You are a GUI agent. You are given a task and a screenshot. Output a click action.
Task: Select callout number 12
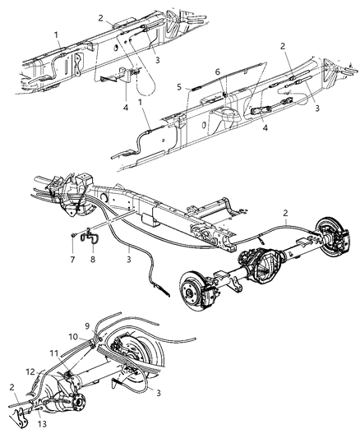click(x=31, y=372)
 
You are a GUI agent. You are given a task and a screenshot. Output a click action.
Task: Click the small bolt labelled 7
click(x=73, y=237)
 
